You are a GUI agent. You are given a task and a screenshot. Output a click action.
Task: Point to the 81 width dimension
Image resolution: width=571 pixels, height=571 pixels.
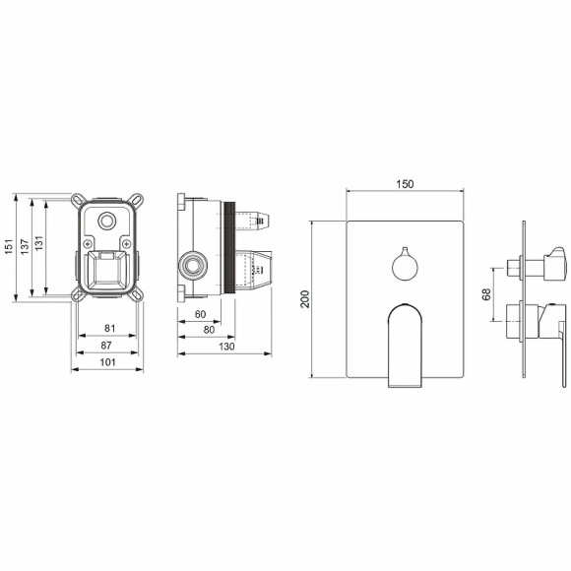(x=109, y=328)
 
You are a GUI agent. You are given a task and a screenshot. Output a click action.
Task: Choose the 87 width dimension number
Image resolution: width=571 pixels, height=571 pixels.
(x=109, y=345)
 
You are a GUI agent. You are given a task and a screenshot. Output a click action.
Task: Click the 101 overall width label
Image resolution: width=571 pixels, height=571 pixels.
(x=108, y=362)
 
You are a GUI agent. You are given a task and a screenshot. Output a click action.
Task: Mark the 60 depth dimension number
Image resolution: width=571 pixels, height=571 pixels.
(x=200, y=315)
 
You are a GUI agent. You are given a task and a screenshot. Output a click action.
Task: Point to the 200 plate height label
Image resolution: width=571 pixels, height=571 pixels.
(x=304, y=298)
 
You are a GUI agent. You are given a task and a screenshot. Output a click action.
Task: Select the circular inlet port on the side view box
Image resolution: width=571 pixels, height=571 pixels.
(x=193, y=265)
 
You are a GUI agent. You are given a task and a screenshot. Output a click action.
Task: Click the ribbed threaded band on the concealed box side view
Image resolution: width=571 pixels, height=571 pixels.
(x=230, y=250)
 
